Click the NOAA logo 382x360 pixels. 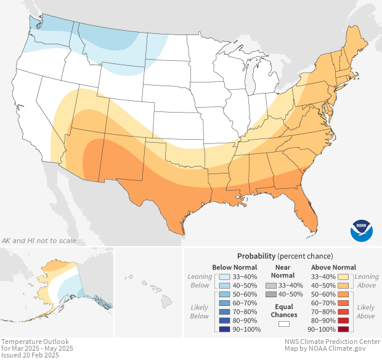click(x=362, y=230)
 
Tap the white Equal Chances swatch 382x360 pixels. click(x=283, y=323)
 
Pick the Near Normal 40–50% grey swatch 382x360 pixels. click(x=270, y=295)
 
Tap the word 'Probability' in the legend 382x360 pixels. click(x=256, y=255)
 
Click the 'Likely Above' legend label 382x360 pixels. click(x=365, y=311)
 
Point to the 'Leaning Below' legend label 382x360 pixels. click(x=200, y=281)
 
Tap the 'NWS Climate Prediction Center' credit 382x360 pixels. click(x=332, y=342)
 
